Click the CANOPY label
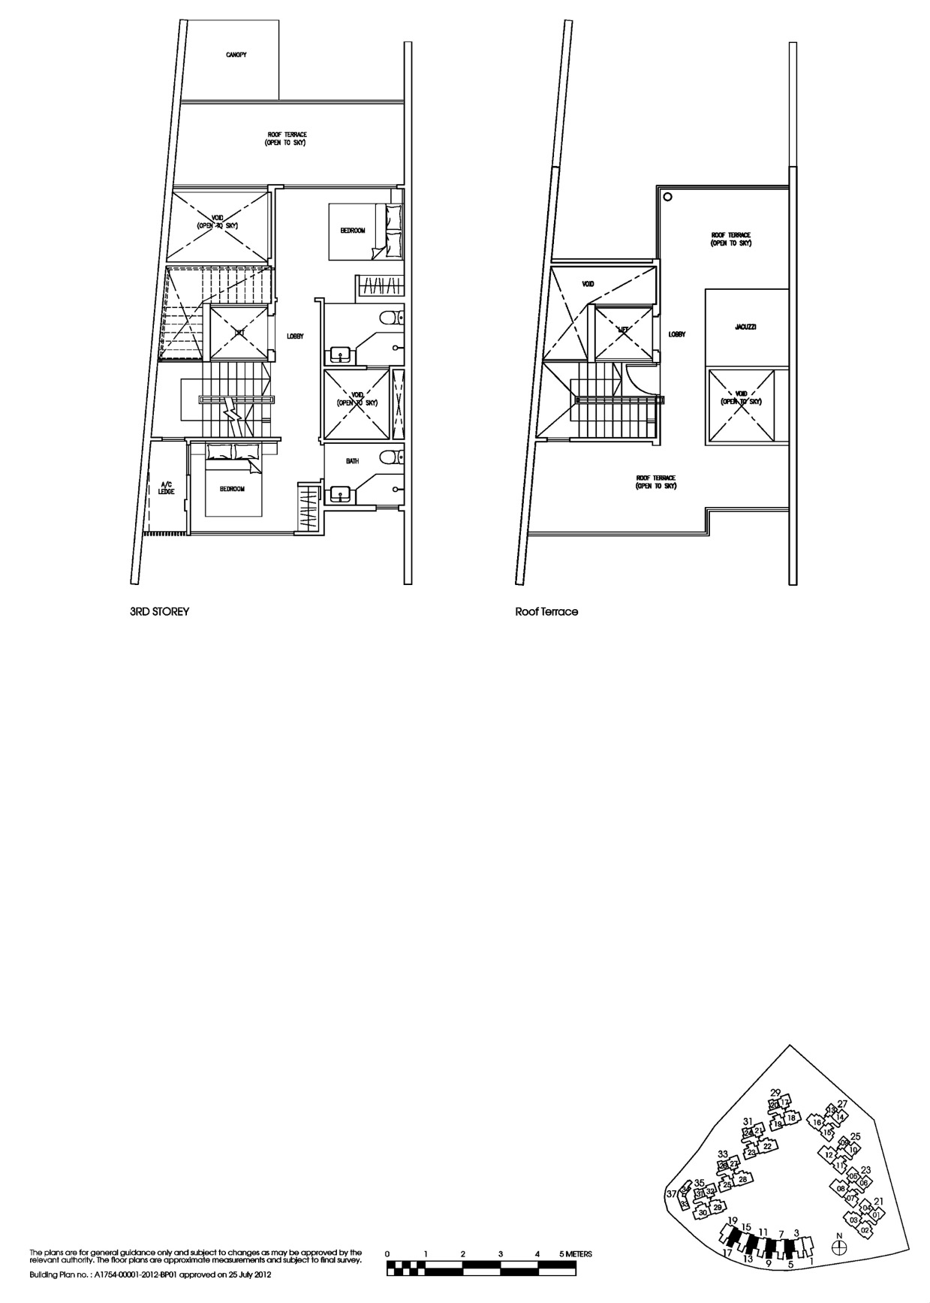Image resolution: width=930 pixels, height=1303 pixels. click(x=236, y=56)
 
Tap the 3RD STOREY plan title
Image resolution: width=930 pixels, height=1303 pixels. click(x=159, y=611)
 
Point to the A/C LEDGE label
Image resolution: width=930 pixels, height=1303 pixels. click(x=166, y=488)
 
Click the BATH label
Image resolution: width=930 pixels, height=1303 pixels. click(x=352, y=461)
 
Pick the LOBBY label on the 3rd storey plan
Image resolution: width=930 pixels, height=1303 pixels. click(x=295, y=336)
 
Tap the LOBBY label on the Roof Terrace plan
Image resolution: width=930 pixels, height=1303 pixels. click(x=677, y=334)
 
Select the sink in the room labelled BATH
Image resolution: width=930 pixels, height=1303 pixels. click(x=339, y=494)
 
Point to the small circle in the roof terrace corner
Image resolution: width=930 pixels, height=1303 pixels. click(x=667, y=198)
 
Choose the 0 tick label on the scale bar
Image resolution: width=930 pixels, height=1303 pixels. click(x=387, y=1254)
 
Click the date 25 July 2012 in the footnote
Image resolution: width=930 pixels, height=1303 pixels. click(x=248, y=1275)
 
